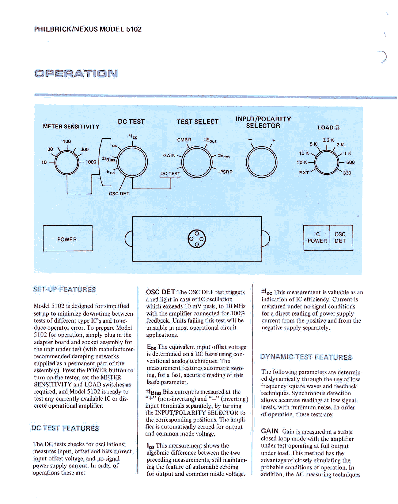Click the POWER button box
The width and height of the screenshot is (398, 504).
click(x=67, y=238)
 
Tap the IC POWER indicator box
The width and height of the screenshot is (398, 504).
click(x=317, y=238)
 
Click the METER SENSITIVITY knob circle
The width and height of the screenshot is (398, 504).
click(x=67, y=162)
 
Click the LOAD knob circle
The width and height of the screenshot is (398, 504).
click(x=327, y=162)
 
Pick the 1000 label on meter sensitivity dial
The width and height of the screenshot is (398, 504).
click(x=91, y=162)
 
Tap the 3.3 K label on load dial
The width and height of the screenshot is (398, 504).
click(x=328, y=140)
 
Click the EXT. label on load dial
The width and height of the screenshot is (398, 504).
click(x=305, y=173)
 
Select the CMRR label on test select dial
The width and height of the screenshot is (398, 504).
click(x=184, y=140)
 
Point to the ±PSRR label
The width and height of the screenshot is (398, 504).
click(x=225, y=172)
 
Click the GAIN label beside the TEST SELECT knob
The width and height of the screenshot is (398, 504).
click(x=169, y=156)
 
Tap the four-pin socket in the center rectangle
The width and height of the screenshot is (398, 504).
click(x=197, y=239)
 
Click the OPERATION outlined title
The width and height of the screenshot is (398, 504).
click(x=76, y=74)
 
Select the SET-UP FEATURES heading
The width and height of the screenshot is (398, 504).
click(x=64, y=289)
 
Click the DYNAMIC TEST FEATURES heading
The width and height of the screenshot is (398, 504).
click(x=306, y=357)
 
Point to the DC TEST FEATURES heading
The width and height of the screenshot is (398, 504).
click(x=65, y=428)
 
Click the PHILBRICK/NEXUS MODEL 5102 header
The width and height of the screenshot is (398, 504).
click(x=88, y=29)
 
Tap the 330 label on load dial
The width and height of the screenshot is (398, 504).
click(x=347, y=173)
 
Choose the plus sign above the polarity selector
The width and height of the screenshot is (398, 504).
click(x=274, y=141)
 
